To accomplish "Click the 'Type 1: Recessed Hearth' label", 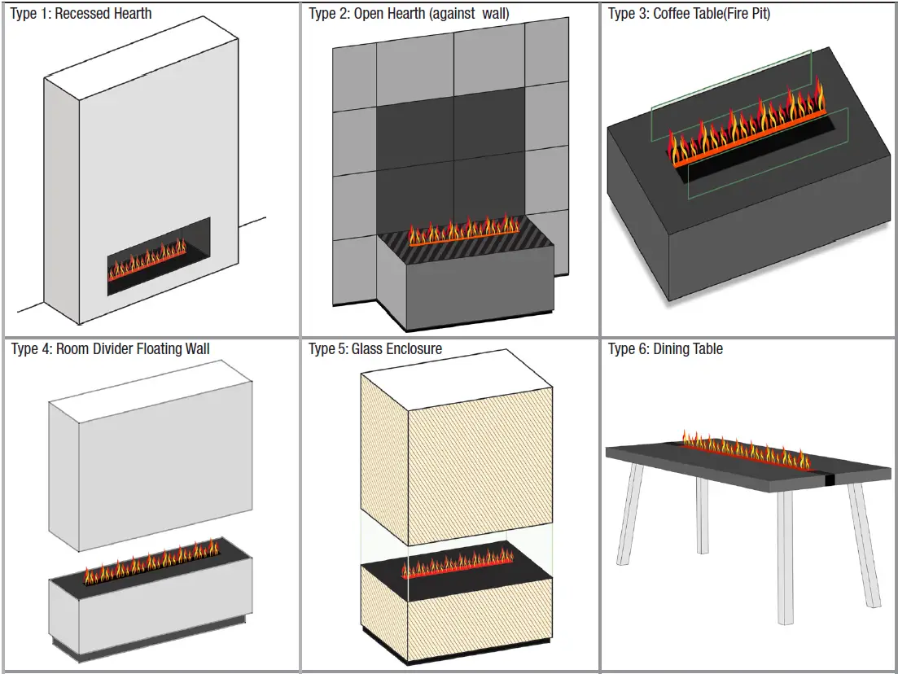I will coord(81,14).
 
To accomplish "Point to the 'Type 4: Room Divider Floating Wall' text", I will coord(110,349).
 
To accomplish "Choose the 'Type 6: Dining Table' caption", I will coord(665,349).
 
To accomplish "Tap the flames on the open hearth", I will coord(462,230).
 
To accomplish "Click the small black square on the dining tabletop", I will coord(829,479).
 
